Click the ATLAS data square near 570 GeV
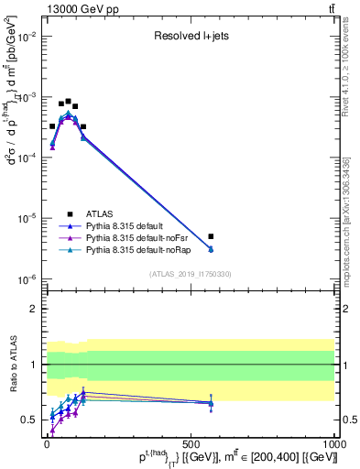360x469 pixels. point(211,236)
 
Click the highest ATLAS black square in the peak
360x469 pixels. point(69,102)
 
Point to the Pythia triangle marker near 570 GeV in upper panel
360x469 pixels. point(211,249)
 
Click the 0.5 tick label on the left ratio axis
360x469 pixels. point(29,420)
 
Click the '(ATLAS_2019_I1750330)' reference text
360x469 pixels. point(191,273)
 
